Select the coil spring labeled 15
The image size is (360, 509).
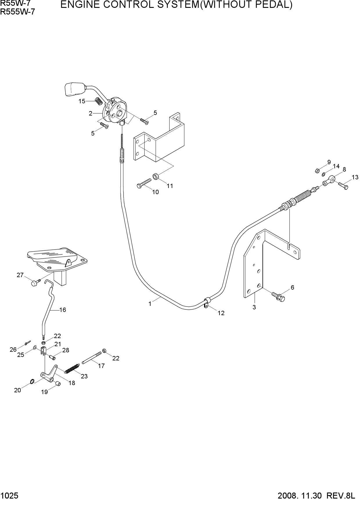(99, 101)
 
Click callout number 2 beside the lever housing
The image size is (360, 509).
(91, 113)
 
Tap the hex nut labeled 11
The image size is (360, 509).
(155, 176)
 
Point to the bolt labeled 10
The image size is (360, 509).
(144, 183)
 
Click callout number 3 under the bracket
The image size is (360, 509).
(254, 307)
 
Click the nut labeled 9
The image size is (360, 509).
(317, 171)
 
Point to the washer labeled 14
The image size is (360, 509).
(323, 174)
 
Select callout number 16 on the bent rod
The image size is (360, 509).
(63, 310)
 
